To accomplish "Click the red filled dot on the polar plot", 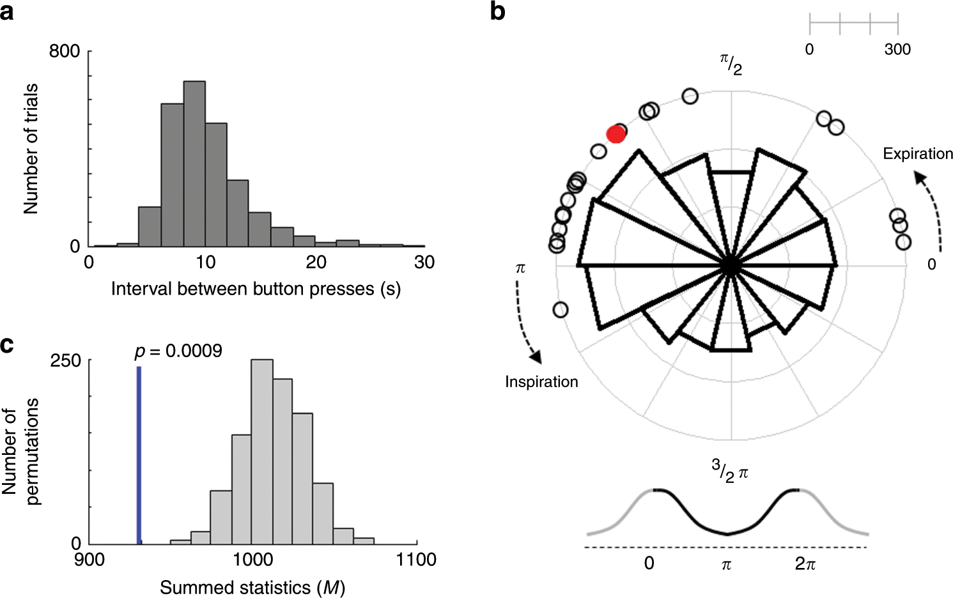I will pyautogui.click(x=616, y=134).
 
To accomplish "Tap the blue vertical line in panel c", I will pyautogui.click(x=139, y=455).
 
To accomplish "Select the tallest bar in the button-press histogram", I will pyautogui.click(x=194, y=164).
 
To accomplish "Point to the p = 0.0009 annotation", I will pyautogui.click(x=178, y=351).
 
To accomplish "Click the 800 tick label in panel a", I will pyautogui.click(x=65, y=51).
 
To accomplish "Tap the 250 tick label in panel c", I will pyautogui.click(x=66, y=360).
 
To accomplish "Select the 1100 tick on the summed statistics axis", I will pyautogui.click(x=416, y=560).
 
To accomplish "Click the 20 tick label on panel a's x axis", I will pyautogui.click(x=316, y=262).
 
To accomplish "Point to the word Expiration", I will pyautogui.click(x=918, y=154).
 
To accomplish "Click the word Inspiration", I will pyautogui.click(x=541, y=382).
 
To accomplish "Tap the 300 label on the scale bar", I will pyautogui.click(x=897, y=50).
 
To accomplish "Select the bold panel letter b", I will pyautogui.click(x=498, y=11).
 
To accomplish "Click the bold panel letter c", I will pyautogui.click(x=7, y=345).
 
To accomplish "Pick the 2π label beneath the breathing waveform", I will pyautogui.click(x=805, y=563).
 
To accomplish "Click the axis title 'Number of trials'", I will pyautogui.click(x=31, y=148).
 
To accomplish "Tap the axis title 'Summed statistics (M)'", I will pyautogui.click(x=252, y=587).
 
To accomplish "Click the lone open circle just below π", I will pyautogui.click(x=560, y=310).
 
